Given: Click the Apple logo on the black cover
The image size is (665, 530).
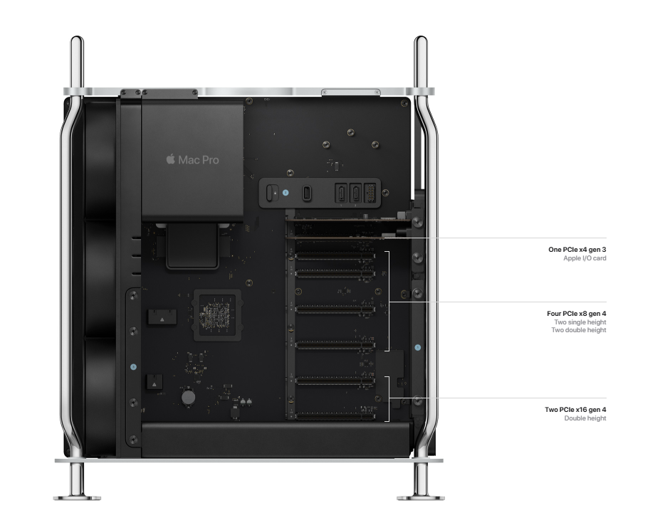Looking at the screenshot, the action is pyautogui.click(x=170, y=159).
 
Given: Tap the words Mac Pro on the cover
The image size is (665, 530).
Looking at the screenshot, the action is pyautogui.click(x=199, y=160).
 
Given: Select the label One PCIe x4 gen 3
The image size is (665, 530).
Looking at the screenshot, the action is pyautogui.click(x=577, y=250).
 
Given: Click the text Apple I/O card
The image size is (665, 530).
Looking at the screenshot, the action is pyautogui.click(x=585, y=258).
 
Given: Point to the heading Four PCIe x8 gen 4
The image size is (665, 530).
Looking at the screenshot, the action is pyautogui.click(x=577, y=314).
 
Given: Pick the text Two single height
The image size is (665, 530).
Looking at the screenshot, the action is pyautogui.click(x=580, y=322).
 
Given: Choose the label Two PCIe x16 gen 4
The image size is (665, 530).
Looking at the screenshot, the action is pyautogui.click(x=575, y=410).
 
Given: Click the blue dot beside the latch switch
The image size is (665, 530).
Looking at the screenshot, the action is pyautogui.click(x=286, y=192).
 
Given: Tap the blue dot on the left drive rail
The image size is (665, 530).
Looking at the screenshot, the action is pyautogui.click(x=134, y=366).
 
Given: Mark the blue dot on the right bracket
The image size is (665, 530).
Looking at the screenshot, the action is pyautogui.click(x=418, y=347).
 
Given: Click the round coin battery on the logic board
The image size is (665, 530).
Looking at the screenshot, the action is pyautogui.click(x=188, y=398).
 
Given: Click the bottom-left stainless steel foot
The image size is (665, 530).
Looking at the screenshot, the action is pyautogui.click(x=77, y=482).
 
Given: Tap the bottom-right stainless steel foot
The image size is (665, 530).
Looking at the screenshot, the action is pyautogui.click(x=421, y=482).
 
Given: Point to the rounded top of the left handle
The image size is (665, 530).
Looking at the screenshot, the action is pyautogui.click(x=77, y=40).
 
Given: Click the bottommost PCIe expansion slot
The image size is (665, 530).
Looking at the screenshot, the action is pyautogui.click(x=335, y=416).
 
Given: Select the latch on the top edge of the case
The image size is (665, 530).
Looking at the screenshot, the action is pyautogui.click(x=351, y=92).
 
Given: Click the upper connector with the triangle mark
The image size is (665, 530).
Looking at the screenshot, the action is pyautogui.click(x=162, y=317).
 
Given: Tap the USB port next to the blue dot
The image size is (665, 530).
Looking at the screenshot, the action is pyautogui.click(x=307, y=194).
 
